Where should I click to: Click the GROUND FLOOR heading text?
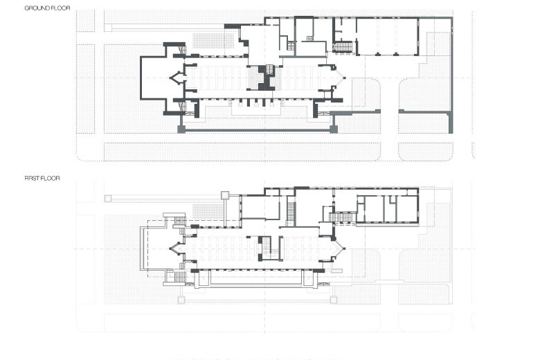[47, 8]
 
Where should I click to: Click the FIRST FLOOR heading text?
[42, 178]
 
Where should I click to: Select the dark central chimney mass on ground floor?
[266, 78]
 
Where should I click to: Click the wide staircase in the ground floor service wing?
[343, 47]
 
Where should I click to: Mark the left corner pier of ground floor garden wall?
[181, 129]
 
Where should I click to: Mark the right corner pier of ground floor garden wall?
[334, 129]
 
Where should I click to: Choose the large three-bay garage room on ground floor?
[387, 37]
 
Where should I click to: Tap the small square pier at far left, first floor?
[108, 199]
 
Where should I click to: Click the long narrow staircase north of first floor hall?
[291, 214]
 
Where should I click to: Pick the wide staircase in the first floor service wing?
[343, 217]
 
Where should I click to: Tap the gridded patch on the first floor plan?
[208, 211]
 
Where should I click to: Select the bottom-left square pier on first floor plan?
[181, 300]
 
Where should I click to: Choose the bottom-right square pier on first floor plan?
[334, 300]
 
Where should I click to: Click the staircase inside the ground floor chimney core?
[270, 71]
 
